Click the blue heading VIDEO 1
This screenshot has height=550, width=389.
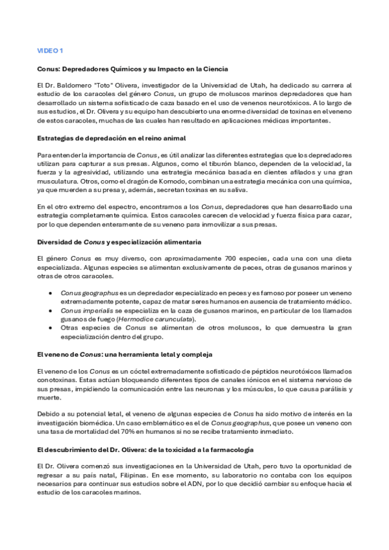pos(50,50)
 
